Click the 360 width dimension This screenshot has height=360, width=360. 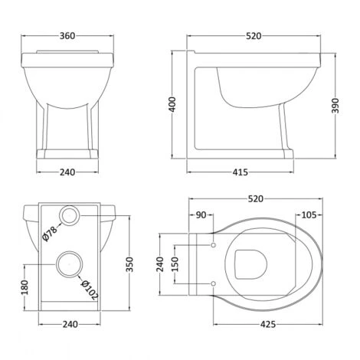68,36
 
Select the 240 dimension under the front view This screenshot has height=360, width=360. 68,172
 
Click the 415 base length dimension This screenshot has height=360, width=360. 241,172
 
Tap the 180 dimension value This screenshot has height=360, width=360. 25,288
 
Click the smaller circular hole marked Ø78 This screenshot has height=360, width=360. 70,216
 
